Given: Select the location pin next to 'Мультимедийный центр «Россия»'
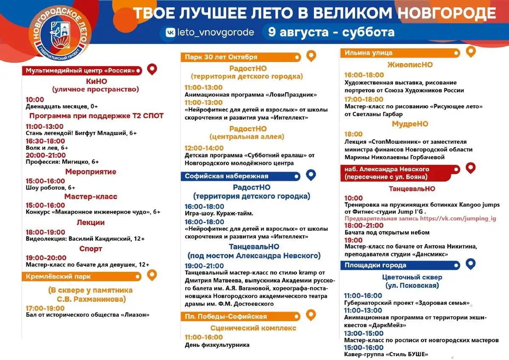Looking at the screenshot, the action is coord(151,70).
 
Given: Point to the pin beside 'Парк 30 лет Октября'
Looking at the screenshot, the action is coord(312,56).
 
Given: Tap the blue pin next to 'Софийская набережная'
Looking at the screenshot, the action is coord(312,175).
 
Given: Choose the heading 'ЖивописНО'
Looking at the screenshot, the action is coord(410,65).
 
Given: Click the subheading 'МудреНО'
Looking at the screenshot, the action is coord(410,124).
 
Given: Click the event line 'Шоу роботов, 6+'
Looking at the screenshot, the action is coord(50,188).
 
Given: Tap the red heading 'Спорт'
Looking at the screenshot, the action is coord(91,248).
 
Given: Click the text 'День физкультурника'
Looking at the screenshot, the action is coord(217,345).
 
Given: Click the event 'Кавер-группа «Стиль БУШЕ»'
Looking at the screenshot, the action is coord(386,354).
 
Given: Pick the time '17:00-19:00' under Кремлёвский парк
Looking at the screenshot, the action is coord(45,308).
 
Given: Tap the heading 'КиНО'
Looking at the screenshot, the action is coord(96,81).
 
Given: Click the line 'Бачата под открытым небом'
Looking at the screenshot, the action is coord(387,232).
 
